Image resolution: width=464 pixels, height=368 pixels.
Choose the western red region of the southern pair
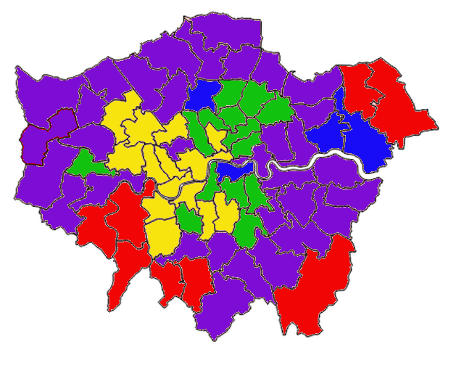tap(166, 279)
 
